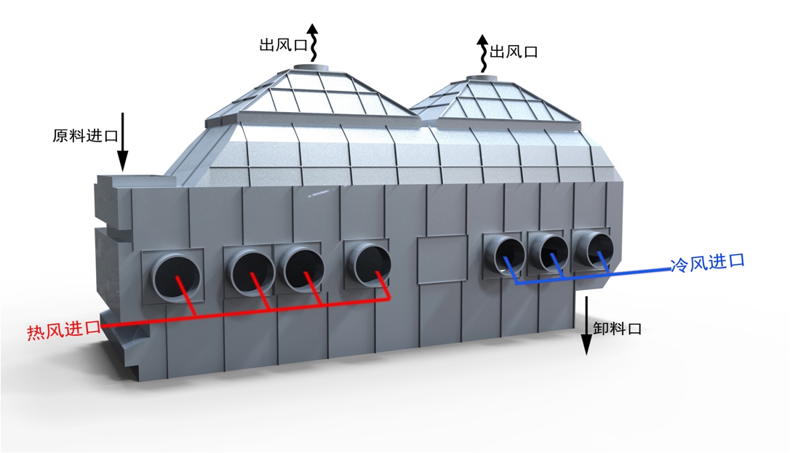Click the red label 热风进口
(x=64, y=330)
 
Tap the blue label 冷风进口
(x=707, y=262)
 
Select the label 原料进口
(x=85, y=136)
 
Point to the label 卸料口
(x=617, y=329)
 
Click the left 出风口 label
(x=283, y=45)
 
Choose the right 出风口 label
(x=514, y=52)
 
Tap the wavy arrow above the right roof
(x=483, y=53)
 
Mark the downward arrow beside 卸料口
(x=586, y=326)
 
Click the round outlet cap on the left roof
(x=311, y=68)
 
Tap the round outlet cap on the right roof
(x=481, y=77)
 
